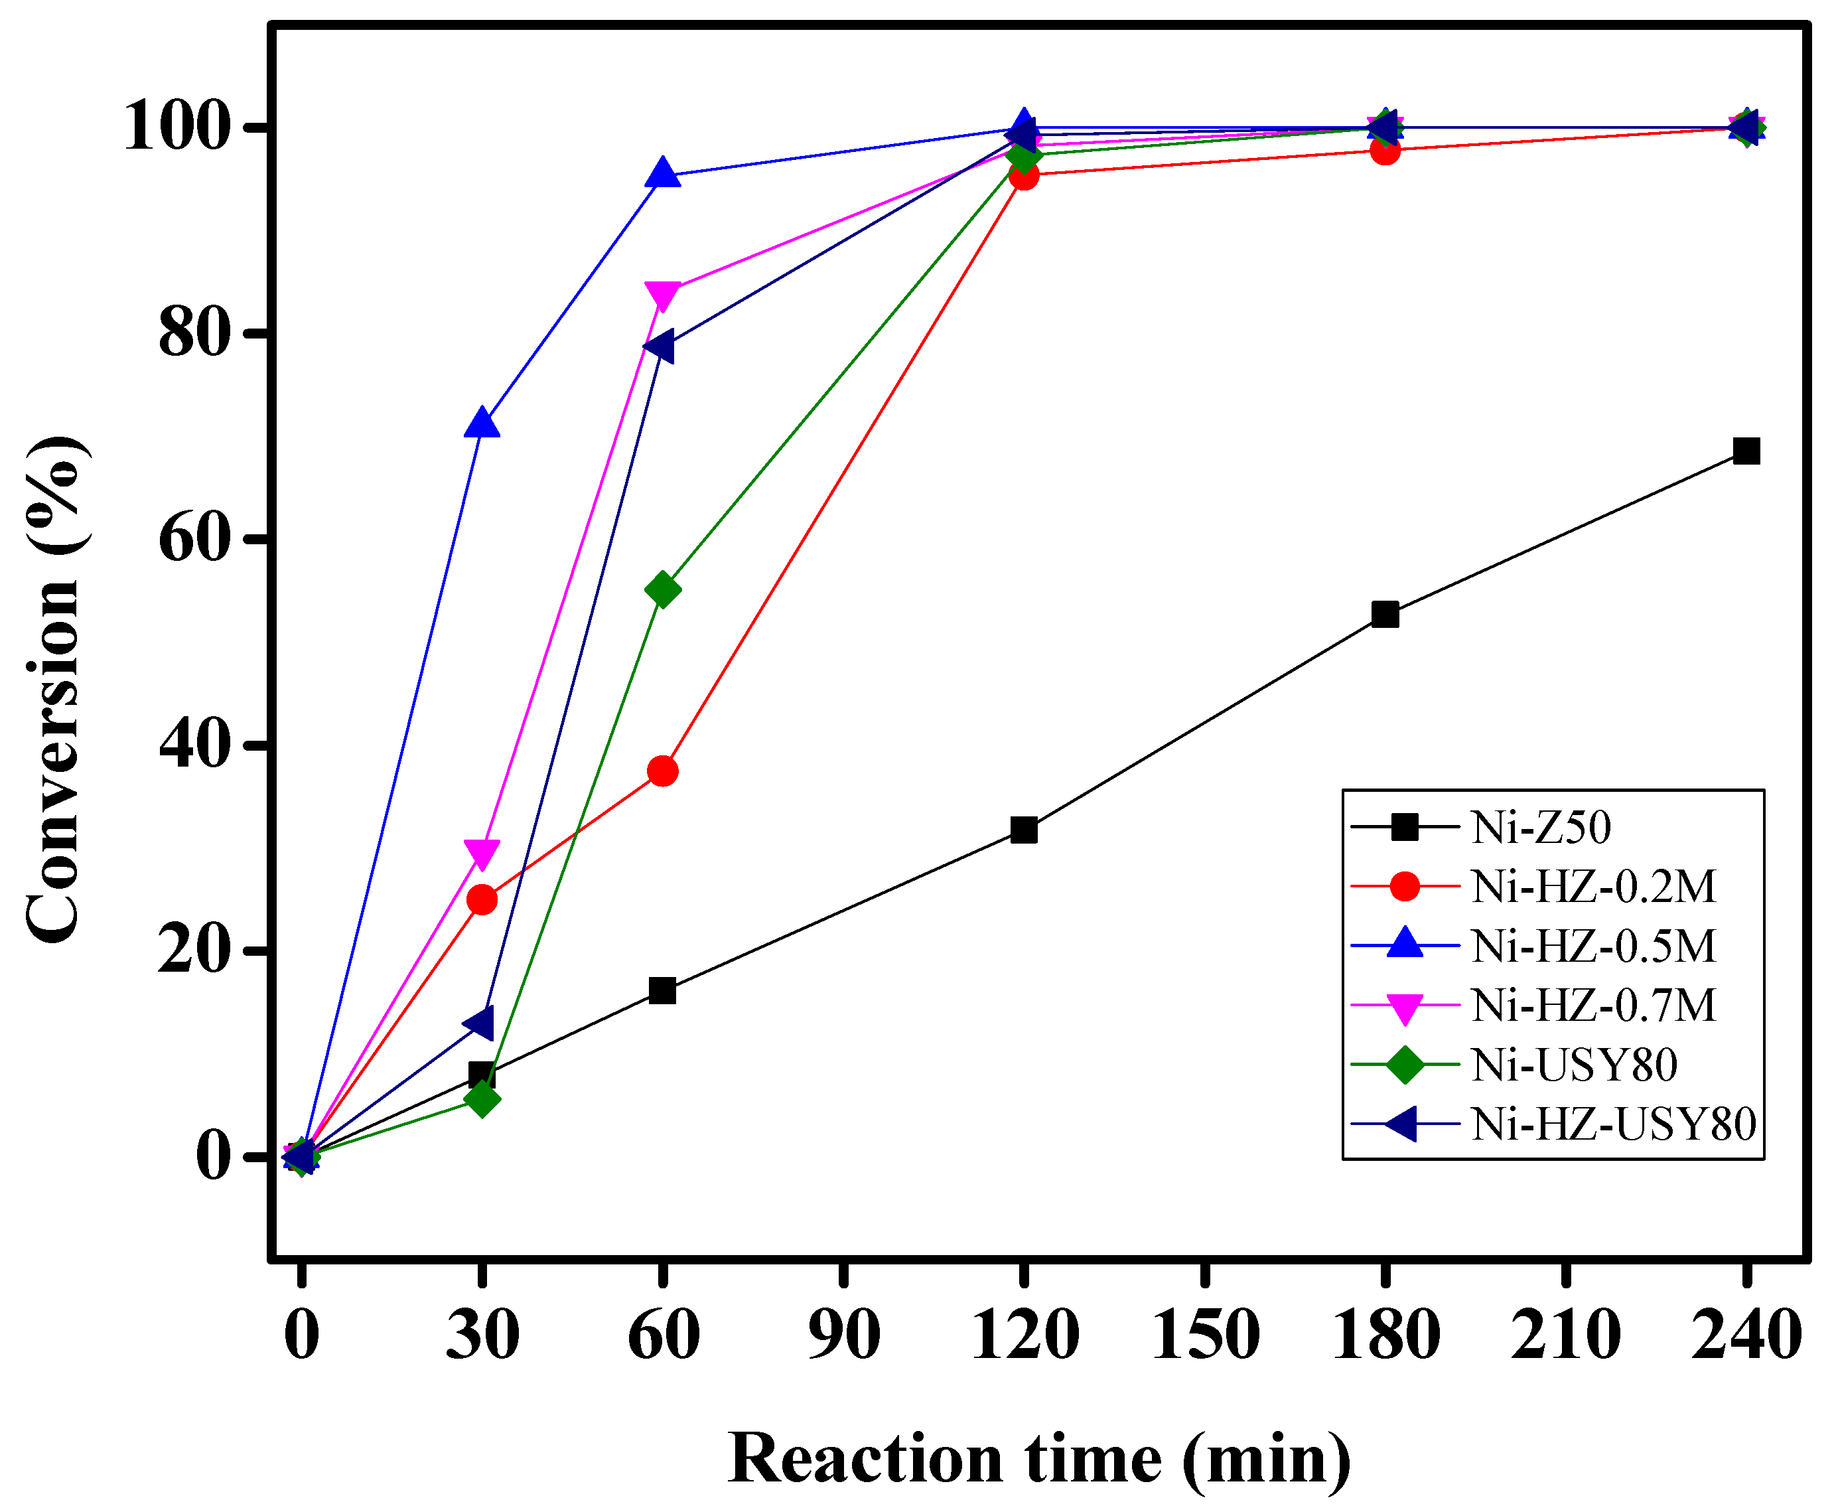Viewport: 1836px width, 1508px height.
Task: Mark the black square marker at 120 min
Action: (x=1024, y=830)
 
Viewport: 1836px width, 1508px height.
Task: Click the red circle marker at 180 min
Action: (x=1385, y=150)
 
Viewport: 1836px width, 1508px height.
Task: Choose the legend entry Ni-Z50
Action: (x=1541, y=827)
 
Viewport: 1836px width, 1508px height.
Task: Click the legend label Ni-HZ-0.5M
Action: (x=1593, y=946)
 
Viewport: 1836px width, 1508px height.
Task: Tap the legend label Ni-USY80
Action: (x=1574, y=1065)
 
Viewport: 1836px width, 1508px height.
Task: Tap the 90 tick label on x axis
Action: (x=843, y=1335)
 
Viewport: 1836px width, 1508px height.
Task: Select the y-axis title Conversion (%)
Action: (x=54, y=690)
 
